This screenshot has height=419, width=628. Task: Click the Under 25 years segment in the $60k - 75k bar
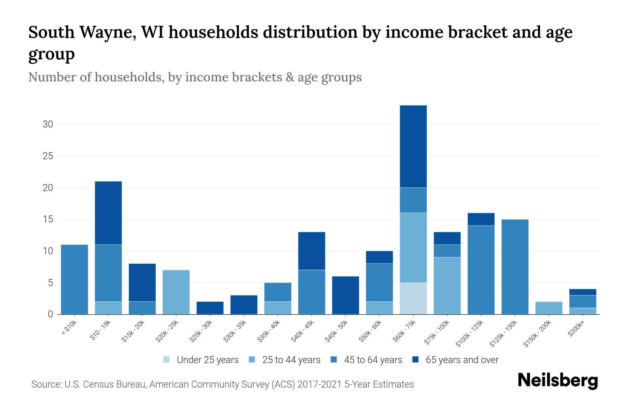click(x=413, y=298)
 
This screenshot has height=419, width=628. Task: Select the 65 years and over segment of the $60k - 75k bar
click(x=413, y=146)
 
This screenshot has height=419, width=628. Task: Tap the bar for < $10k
click(x=74, y=279)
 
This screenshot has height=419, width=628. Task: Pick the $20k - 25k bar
click(x=176, y=292)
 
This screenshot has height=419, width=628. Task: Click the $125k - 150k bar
click(x=515, y=267)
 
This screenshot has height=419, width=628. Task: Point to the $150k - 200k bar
click(x=549, y=308)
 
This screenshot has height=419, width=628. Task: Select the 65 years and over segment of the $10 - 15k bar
click(x=108, y=213)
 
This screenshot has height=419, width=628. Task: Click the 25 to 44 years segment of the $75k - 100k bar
click(x=447, y=286)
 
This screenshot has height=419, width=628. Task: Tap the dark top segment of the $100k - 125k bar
click(x=481, y=219)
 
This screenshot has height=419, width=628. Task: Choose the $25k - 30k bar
click(x=210, y=308)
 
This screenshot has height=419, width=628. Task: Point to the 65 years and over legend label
click(x=462, y=360)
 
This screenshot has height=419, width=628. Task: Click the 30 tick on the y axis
click(x=48, y=124)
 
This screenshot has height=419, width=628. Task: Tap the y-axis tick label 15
click(x=48, y=219)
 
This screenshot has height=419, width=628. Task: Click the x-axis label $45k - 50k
click(x=337, y=331)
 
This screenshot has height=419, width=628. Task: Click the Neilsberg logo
click(x=558, y=381)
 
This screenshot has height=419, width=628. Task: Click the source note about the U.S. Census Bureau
click(x=223, y=384)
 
